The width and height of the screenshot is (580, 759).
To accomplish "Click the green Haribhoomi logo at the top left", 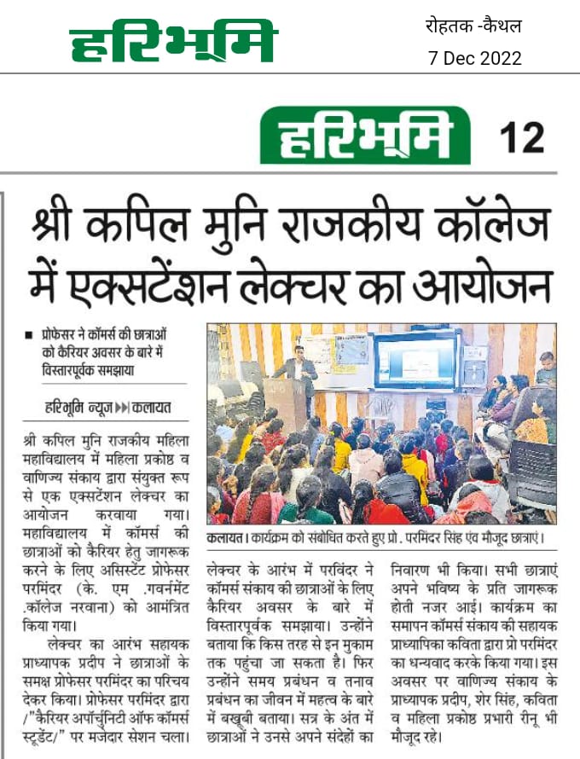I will pos(173,42).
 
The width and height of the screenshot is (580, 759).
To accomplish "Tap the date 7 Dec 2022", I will pos(474,58).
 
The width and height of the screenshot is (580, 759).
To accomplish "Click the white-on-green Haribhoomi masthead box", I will pos(367,137).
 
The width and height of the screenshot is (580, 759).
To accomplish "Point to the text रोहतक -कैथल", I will pos(473,26).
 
